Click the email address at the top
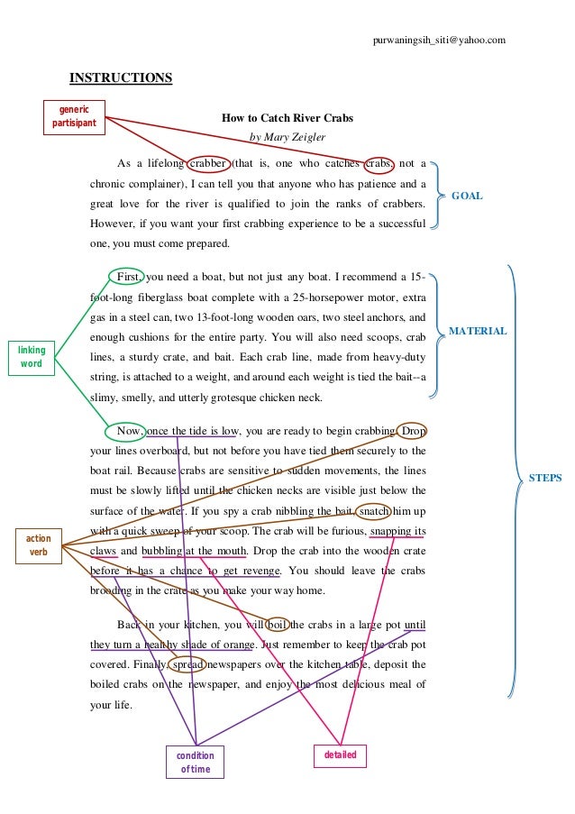pyautogui.click(x=439, y=40)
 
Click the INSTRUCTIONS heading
pyautogui.click(x=121, y=78)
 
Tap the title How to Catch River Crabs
pyautogui.click(x=287, y=118)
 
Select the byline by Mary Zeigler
pyautogui.click(x=287, y=137)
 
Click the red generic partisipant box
pyautogui.click(x=74, y=117)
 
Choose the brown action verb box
pyautogui.click(x=38, y=545)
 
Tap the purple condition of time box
pyautogui.click(x=195, y=762)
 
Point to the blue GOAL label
pyautogui.click(x=467, y=196)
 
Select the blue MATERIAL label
pyautogui.click(x=478, y=332)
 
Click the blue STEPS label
pyautogui.click(x=544, y=478)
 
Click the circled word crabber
pyautogui.click(x=207, y=163)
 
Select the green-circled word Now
pyautogui.click(x=129, y=431)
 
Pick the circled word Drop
pyautogui.click(x=411, y=431)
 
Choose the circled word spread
pyautogui.click(x=187, y=664)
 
